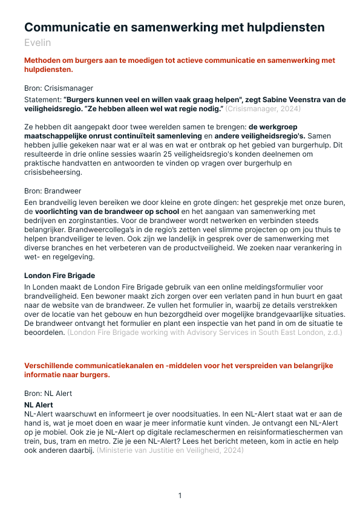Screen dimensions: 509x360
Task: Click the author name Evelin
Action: tap(38, 42)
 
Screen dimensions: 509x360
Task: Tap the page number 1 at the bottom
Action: tap(180, 496)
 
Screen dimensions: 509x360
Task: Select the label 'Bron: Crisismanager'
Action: tap(59, 88)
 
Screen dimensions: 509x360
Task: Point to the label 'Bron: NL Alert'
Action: tap(48, 393)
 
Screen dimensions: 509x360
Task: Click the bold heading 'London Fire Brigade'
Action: tap(59, 276)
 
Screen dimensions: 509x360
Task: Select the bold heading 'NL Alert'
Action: tap(39, 404)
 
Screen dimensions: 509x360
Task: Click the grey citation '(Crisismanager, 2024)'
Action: tap(263, 109)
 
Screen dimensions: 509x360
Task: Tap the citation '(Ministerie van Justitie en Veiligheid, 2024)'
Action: tap(170, 450)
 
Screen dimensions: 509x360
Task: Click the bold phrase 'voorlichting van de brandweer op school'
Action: tap(107, 211)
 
